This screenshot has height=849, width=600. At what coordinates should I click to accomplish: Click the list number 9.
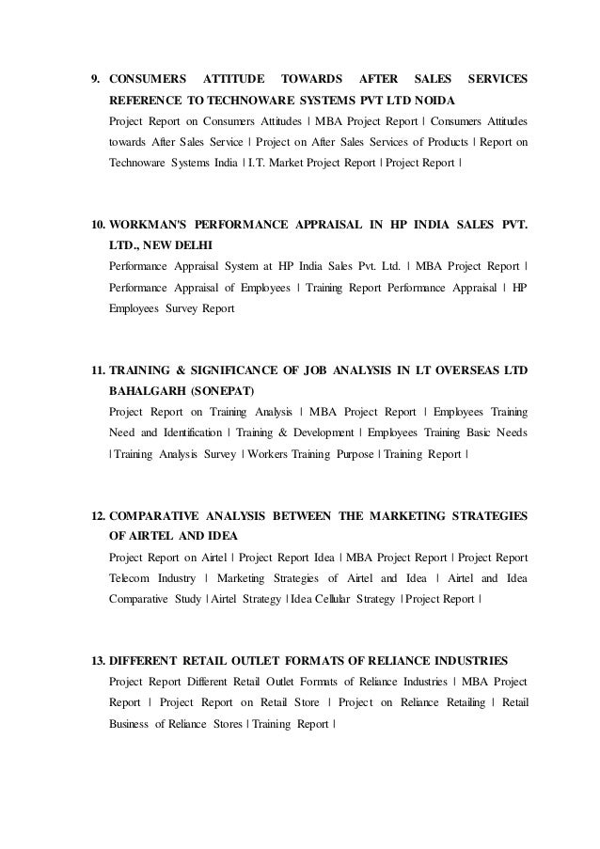tap(93, 81)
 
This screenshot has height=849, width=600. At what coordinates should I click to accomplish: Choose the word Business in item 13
tap(132, 724)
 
